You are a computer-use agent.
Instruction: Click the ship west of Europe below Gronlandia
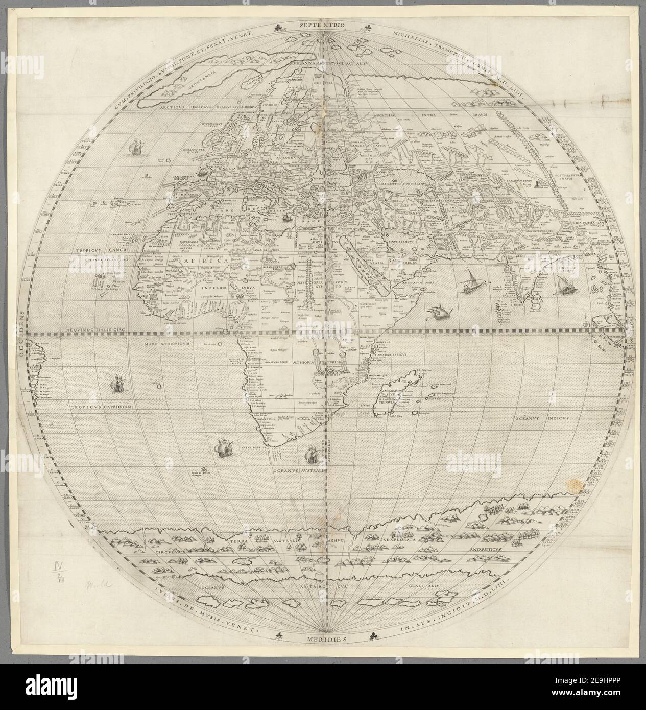tap(136, 148)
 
